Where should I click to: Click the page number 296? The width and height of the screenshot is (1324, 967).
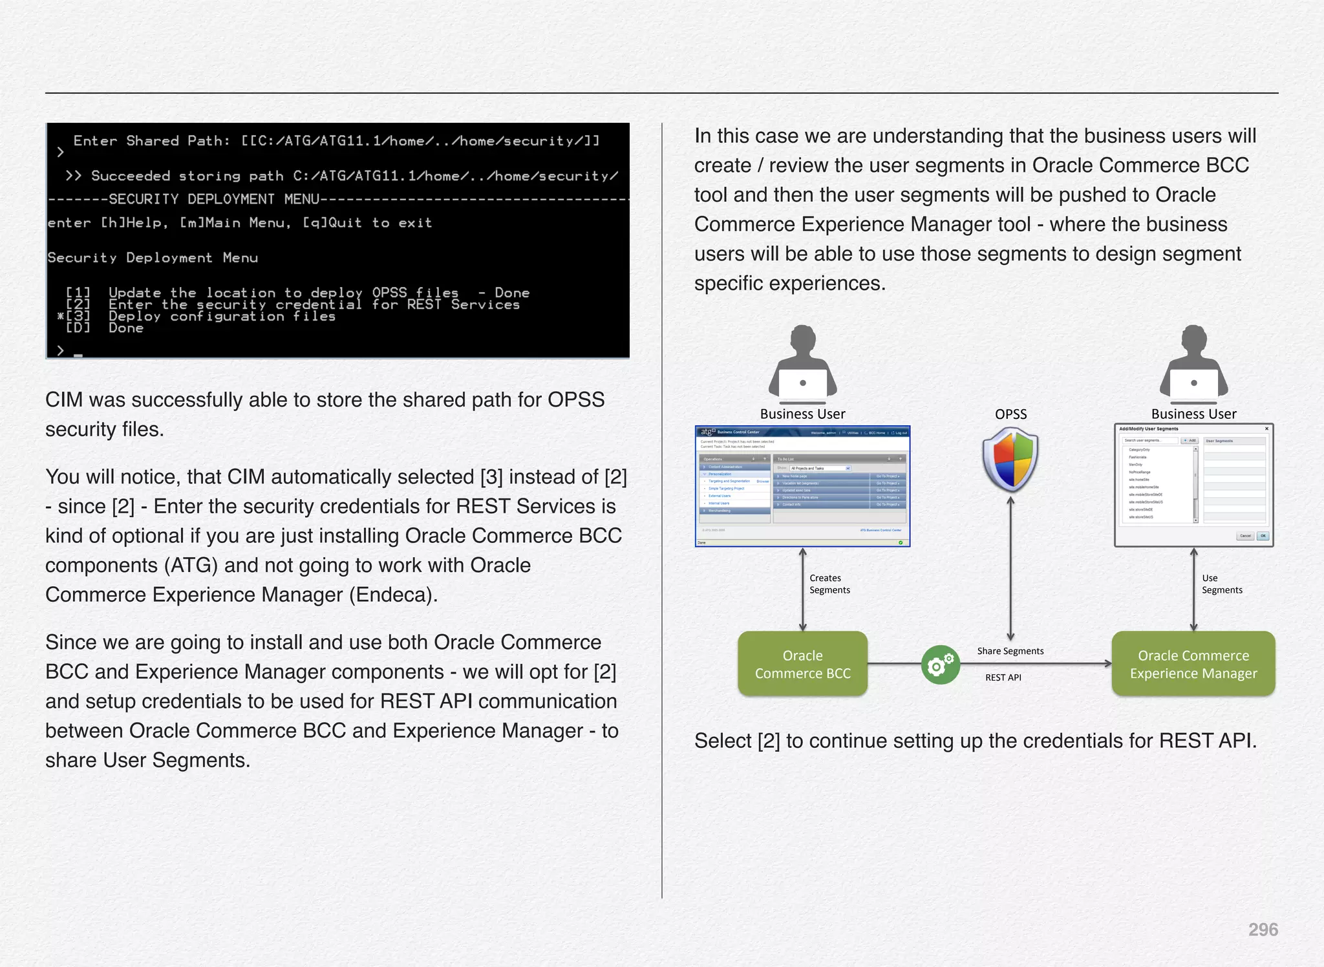tap(1263, 930)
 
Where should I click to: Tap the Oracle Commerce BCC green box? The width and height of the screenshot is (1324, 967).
tap(802, 664)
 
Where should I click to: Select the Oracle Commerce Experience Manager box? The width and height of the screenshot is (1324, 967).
tap(1193, 664)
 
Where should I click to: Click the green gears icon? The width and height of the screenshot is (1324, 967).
tap(940, 664)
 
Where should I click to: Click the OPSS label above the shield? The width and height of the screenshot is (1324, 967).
tap(1010, 414)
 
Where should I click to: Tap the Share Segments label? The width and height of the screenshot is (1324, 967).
tap(1010, 651)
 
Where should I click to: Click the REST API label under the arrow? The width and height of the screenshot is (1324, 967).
tap(1003, 677)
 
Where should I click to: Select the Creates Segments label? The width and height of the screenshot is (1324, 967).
tap(829, 584)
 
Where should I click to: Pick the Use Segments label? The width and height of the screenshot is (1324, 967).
tap(1221, 584)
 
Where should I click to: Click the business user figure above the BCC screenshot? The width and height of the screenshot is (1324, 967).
tap(802, 362)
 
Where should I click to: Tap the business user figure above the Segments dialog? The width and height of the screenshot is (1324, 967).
tap(1193, 362)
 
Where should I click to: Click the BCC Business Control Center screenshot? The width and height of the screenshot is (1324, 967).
tap(802, 486)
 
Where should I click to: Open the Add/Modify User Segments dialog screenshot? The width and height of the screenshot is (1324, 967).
tap(1193, 485)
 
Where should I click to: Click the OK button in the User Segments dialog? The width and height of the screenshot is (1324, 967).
tap(1263, 536)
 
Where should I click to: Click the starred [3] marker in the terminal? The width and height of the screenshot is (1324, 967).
tap(74, 316)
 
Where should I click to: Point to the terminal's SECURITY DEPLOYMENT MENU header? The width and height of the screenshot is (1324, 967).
tap(213, 199)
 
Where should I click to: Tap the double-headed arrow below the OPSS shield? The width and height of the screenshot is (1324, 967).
tap(1010, 569)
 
